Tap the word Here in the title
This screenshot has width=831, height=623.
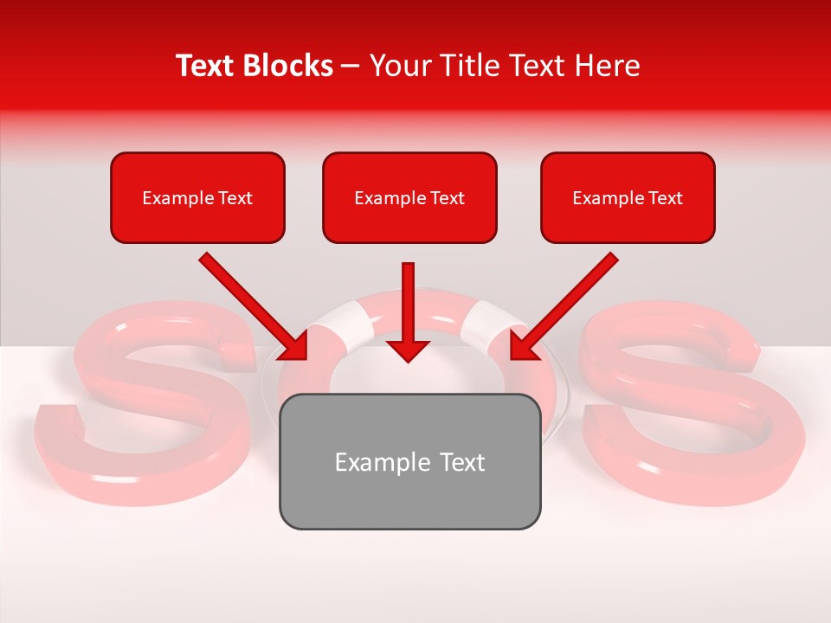[x=603, y=66]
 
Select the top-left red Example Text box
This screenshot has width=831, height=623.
[x=197, y=197]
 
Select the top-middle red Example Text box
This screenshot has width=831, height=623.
[x=409, y=197]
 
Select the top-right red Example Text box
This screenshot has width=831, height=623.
[x=628, y=197]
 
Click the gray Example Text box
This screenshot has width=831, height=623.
[x=409, y=461]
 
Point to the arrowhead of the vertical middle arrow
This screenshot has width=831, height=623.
[x=408, y=350]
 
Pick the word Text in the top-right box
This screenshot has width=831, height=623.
[x=665, y=198]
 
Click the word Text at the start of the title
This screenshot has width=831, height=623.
[x=206, y=66]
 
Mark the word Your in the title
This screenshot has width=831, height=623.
[x=397, y=66]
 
